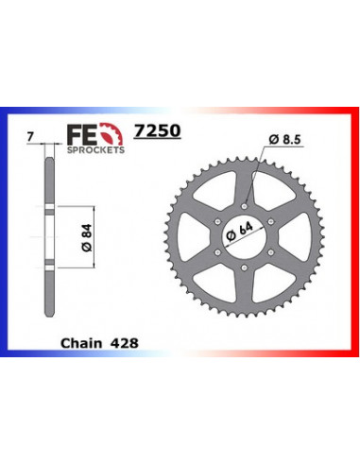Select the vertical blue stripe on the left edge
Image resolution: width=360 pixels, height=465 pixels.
5,236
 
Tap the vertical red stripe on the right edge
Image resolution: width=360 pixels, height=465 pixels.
354,236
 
